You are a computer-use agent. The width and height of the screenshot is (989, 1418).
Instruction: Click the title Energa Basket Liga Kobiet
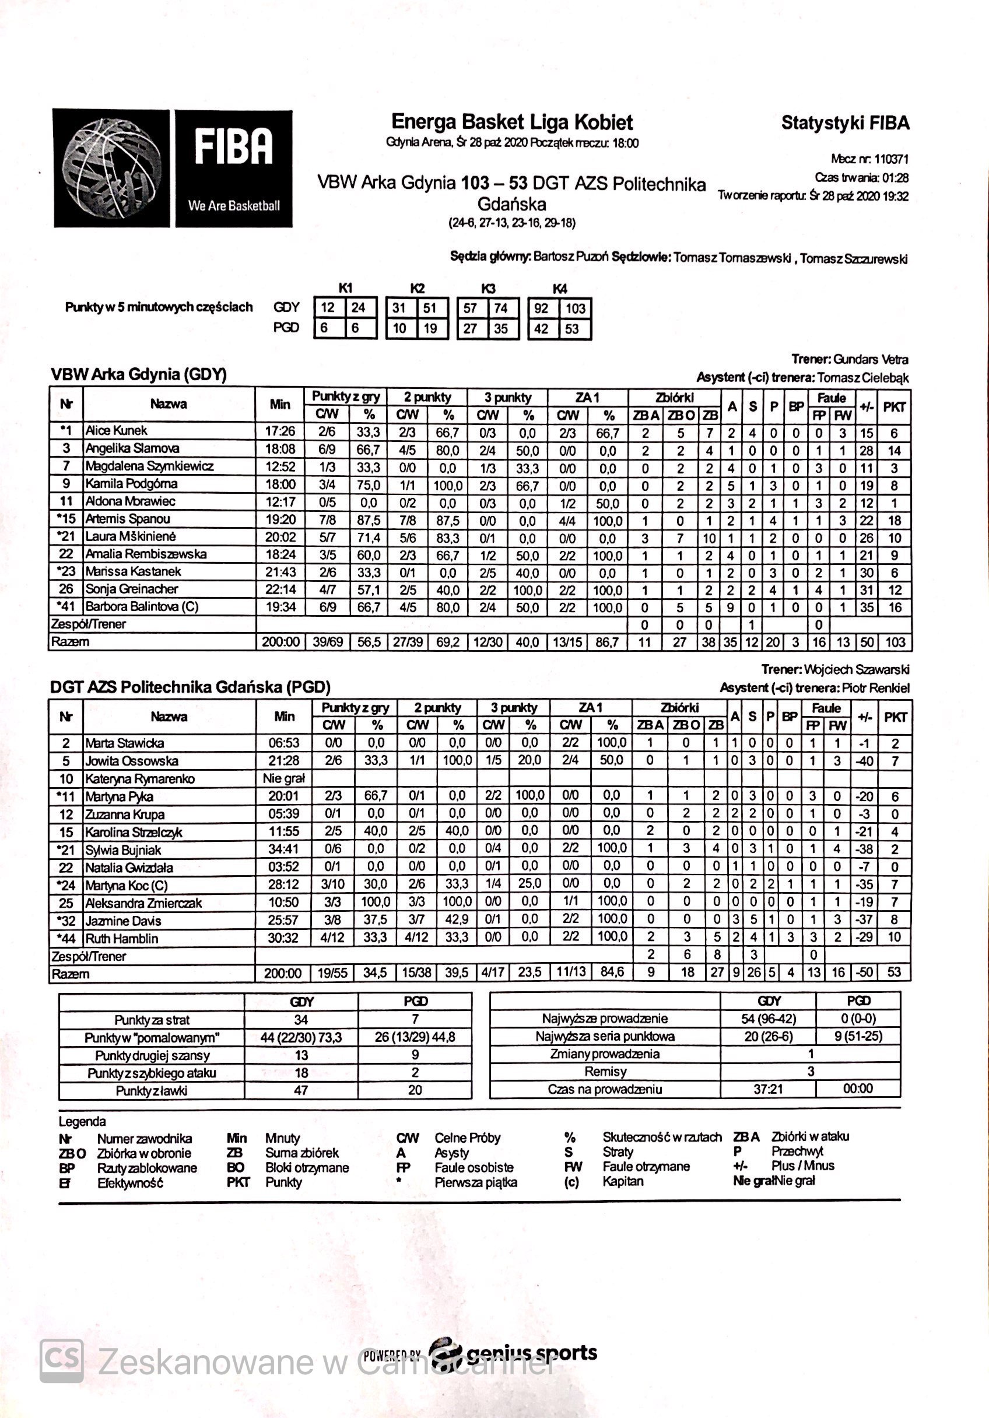(512, 122)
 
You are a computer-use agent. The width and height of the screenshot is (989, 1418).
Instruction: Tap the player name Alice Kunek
(116, 430)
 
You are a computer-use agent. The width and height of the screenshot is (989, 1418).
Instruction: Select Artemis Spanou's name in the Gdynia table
(127, 519)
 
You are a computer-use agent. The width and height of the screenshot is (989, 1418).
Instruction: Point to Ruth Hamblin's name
(122, 938)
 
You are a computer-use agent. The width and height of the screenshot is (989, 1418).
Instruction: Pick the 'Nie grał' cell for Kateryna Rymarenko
(283, 778)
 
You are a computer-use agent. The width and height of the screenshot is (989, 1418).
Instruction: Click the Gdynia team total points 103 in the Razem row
(894, 642)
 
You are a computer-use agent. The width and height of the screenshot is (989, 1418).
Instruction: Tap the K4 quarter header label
(560, 289)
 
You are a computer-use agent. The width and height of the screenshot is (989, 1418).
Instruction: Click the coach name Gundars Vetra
(871, 359)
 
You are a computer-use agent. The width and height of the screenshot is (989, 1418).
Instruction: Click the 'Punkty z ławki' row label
(152, 1090)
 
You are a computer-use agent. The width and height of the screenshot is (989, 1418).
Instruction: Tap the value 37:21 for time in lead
(768, 1089)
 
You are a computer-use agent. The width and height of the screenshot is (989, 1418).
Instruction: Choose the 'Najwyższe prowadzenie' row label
(604, 1019)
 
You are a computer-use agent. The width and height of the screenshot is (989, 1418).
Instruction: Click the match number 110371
(891, 159)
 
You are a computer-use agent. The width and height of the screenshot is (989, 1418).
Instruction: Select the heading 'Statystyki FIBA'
(845, 123)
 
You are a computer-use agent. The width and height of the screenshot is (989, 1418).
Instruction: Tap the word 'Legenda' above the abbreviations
(82, 1121)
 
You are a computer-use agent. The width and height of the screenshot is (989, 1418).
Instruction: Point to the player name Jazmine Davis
(123, 921)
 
